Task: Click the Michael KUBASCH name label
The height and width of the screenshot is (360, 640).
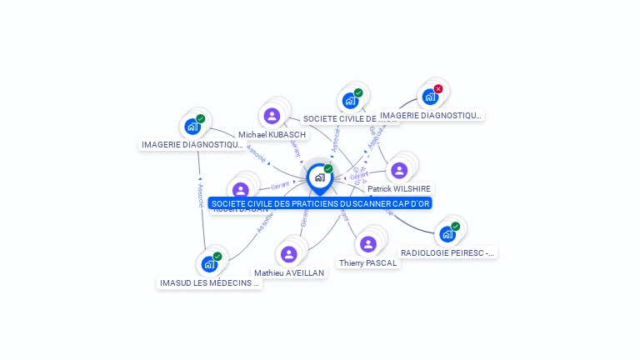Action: pyautogui.click(x=272, y=134)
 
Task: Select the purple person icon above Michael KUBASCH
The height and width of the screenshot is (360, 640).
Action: pyautogui.click(x=272, y=116)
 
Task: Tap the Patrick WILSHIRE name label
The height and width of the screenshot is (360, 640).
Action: pyautogui.click(x=399, y=189)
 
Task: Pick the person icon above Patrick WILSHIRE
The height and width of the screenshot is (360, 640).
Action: pyautogui.click(x=399, y=170)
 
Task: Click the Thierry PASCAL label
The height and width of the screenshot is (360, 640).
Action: pyautogui.click(x=367, y=262)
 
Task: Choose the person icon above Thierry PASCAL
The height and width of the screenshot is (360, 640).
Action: pyautogui.click(x=368, y=243)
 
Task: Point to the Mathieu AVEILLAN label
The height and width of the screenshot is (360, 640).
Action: pyautogui.click(x=289, y=272)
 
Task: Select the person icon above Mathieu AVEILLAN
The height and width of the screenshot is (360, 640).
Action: pyautogui.click(x=289, y=253)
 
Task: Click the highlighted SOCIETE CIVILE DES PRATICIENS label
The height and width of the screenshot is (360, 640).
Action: pyautogui.click(x=321, y=203)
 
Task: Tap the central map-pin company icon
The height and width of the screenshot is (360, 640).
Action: pyautogui.click(x=319, y=177)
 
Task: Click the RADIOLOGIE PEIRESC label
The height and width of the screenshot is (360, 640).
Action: pyautogui.click(x=447, y=252)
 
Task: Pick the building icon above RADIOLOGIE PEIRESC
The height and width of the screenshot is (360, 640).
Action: pyautogui.click(x=447, y=234)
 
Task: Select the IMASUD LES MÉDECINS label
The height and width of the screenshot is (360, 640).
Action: pyautogui.click(x=209, y=282)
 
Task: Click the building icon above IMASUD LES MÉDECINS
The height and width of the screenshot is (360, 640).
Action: pyautogui.click(x=209, y=264)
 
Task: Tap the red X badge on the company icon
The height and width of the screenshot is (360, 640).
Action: pyautogui.click(x=438, y=89)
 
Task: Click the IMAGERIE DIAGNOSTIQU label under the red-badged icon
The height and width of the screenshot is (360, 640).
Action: pyautogui.click(x=431, y=115)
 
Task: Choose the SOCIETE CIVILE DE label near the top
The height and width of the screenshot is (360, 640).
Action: pyautogui.click(x=350, y=119)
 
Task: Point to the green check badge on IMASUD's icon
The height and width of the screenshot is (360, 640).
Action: pyautogui.click(x=217, y=257)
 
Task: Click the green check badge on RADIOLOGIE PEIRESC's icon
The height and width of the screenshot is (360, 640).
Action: pyautogui.click(x=456, y=227)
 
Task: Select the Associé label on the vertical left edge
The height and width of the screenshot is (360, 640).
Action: pyautogui.click(x=200, y=196)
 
